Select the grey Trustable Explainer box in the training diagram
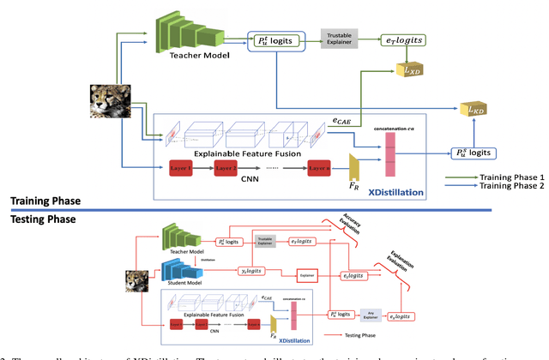340,38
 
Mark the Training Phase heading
45,201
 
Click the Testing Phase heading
43,219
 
